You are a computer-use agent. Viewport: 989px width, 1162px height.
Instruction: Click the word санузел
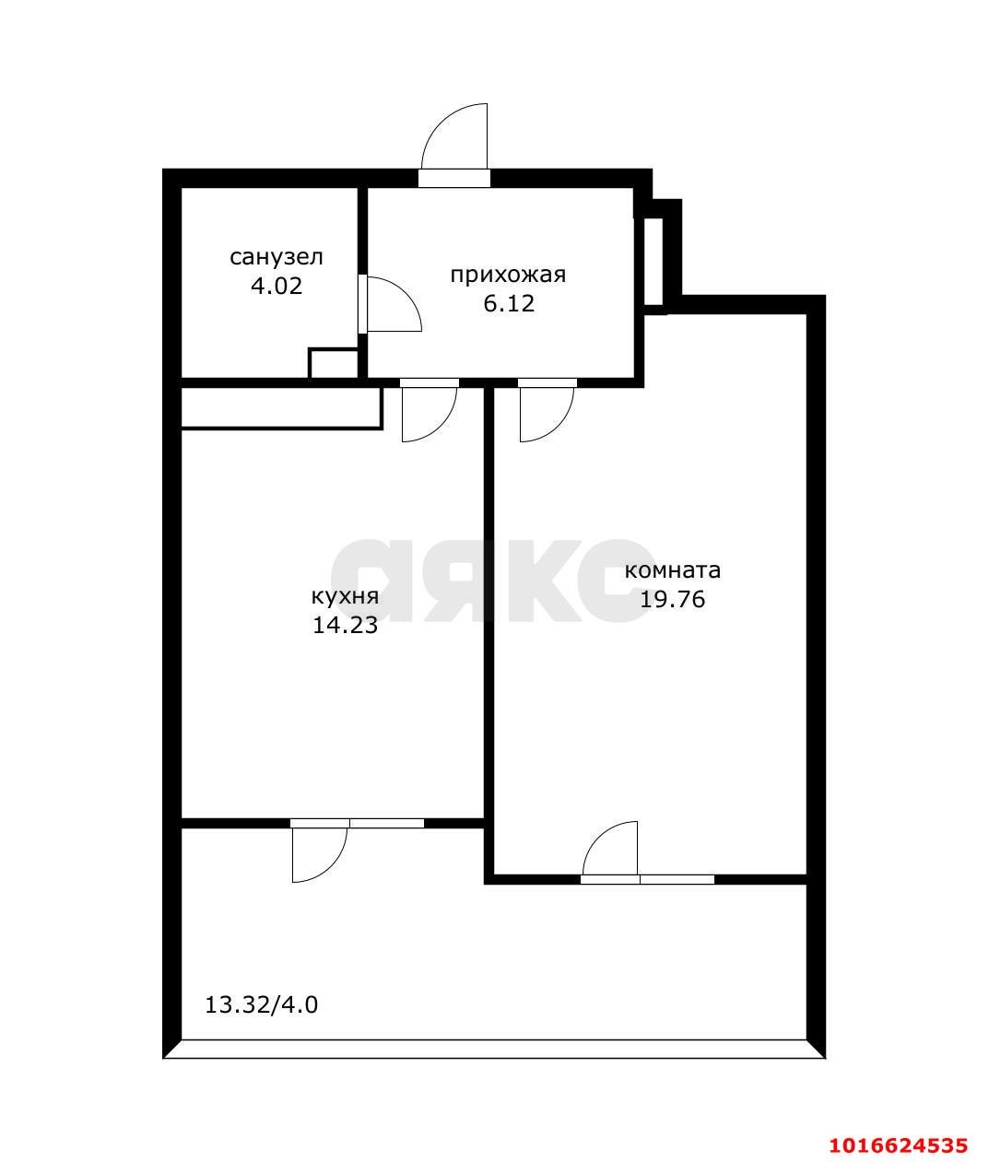pos(277,257)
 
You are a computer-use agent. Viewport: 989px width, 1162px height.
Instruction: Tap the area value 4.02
pos(277,287)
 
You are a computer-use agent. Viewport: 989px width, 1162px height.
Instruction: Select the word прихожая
pos(508,276)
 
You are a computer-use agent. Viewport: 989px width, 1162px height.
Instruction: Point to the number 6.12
pos(508,303)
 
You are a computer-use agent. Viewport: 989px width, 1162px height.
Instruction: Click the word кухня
pos(345,597)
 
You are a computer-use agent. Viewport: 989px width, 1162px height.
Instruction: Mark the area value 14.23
pos(345,625)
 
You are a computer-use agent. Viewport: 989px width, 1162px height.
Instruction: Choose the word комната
pos(673,570)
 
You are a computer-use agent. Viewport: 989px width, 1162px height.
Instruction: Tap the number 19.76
pos(673,599)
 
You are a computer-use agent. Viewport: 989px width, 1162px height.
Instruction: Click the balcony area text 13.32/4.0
pos(261,1005)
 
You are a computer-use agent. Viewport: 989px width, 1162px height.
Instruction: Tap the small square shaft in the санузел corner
pos(334,364)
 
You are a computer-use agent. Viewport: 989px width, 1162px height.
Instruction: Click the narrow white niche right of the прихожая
pos(653,262)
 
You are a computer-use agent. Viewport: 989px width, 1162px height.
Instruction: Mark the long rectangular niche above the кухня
pos(281,409)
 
